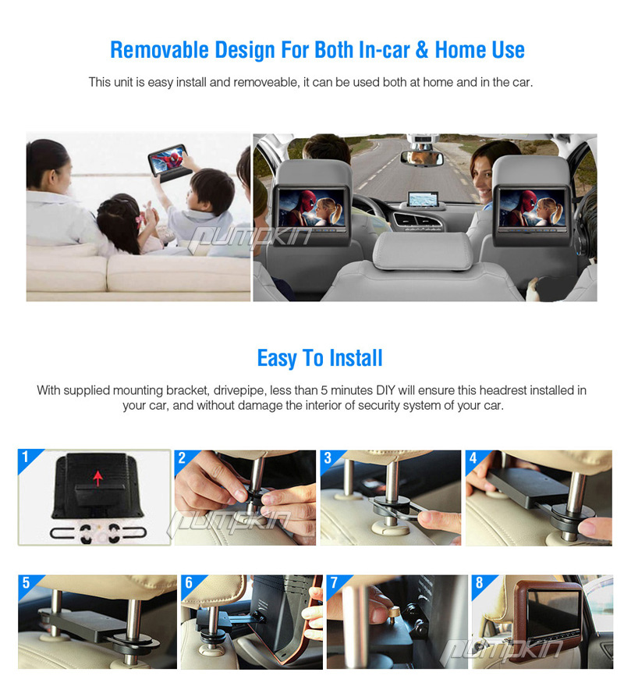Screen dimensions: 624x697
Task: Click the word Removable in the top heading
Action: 159,49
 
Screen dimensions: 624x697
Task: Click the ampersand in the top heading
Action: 422,49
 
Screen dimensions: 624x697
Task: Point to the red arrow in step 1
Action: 98,478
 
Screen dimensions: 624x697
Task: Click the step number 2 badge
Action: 182,458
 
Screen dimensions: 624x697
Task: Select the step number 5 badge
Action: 26,582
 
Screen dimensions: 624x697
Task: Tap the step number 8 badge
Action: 479,582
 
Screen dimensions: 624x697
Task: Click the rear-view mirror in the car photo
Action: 422,158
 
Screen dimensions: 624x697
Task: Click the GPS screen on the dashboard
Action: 422,198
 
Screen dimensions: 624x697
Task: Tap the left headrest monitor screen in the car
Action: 312,208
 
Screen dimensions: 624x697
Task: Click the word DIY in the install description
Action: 385,390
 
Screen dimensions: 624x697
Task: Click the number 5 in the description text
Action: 324,390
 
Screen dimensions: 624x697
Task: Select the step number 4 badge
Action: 473,458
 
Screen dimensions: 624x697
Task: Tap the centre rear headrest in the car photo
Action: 422,251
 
